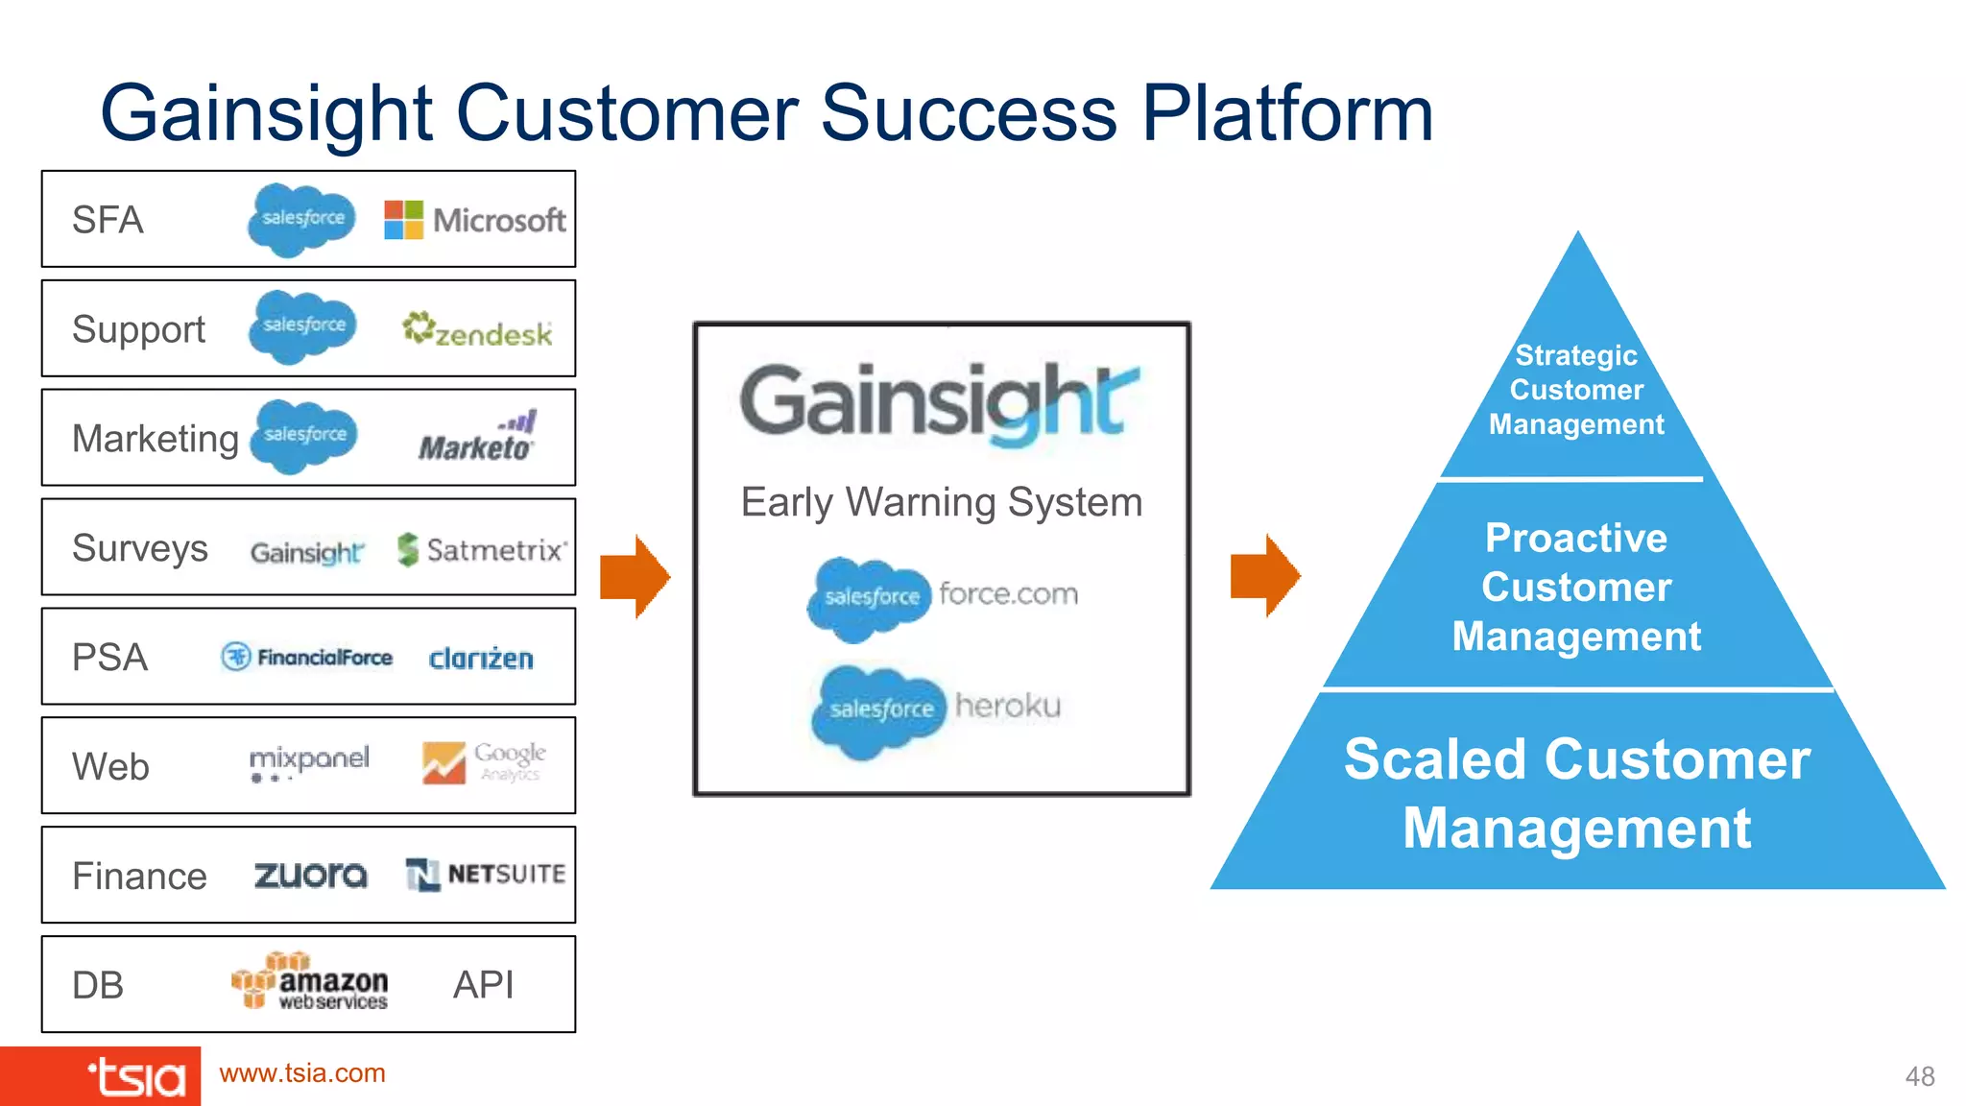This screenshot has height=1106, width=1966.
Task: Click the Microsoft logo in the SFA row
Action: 474,220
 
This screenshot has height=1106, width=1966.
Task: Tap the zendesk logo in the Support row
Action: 477,330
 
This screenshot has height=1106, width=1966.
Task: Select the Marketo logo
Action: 476,438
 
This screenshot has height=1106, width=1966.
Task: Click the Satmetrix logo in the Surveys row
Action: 482,549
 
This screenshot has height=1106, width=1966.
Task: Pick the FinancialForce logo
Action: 307,658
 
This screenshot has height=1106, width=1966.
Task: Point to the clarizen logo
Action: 480,659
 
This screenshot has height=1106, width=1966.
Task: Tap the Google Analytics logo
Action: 484,762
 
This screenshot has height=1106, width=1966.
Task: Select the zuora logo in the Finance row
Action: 310,875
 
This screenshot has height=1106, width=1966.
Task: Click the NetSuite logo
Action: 485,875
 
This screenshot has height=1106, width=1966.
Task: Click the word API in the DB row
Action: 483,985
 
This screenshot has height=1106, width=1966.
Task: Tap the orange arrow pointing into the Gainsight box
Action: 635,577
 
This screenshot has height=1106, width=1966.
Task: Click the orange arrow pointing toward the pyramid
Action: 1265,576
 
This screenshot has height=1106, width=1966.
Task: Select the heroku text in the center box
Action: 1008,707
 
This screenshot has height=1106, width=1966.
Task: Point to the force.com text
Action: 1008,594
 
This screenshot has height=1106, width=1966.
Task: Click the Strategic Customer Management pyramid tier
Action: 1576,390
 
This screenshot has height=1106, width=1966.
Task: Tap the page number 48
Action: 1919,1076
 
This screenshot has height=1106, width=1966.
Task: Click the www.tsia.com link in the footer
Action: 302,1073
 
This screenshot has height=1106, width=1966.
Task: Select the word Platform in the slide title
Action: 1286,113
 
